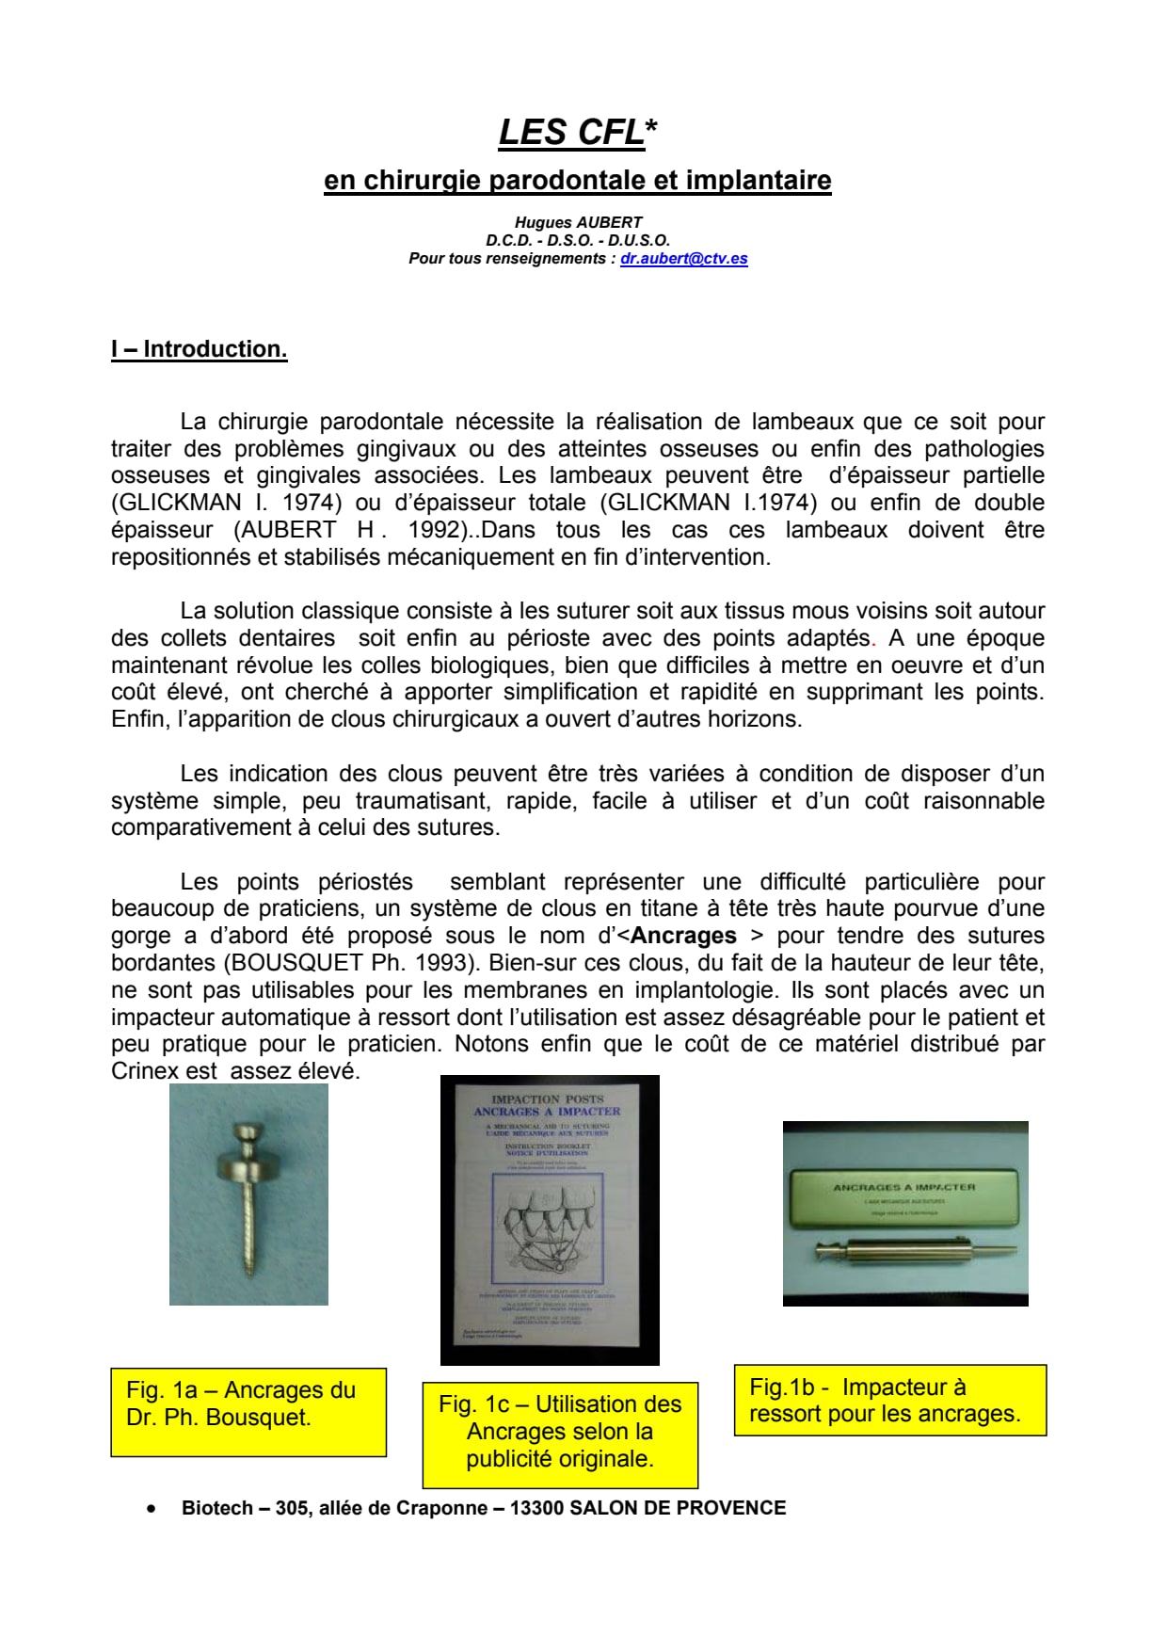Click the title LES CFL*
[x=577, y=133]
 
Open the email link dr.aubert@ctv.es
[x=683, y=259]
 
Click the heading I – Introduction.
[x=199, y=349]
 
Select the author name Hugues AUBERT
[x=578, y=222]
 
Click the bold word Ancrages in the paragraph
[x=683, y=936]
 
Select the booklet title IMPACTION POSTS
[x=547, y=1099]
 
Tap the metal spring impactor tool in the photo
[x=913, y=1250]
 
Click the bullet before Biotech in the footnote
[x=151, y=1508]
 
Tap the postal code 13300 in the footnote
[x=536, y=1508]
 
